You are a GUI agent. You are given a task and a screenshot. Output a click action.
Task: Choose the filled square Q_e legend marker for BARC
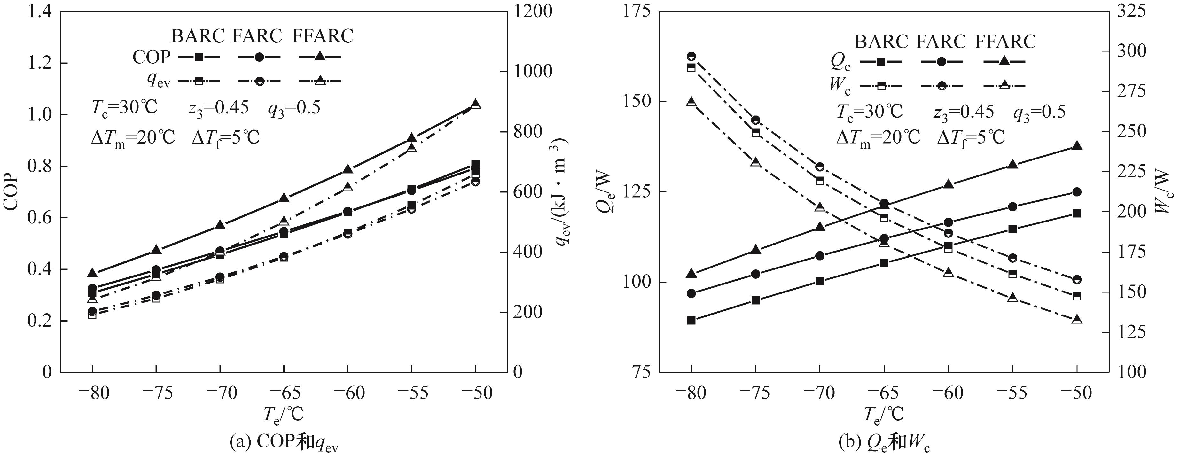[880, 61]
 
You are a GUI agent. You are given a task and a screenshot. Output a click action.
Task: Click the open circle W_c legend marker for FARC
[941, 85]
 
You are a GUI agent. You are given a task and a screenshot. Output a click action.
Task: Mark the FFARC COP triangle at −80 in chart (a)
[92, 273]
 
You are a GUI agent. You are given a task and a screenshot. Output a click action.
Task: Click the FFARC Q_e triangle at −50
[1077, 146]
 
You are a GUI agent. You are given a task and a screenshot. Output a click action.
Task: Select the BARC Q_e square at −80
[692, 320]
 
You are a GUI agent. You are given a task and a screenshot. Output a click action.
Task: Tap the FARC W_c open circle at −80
[692, 56]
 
